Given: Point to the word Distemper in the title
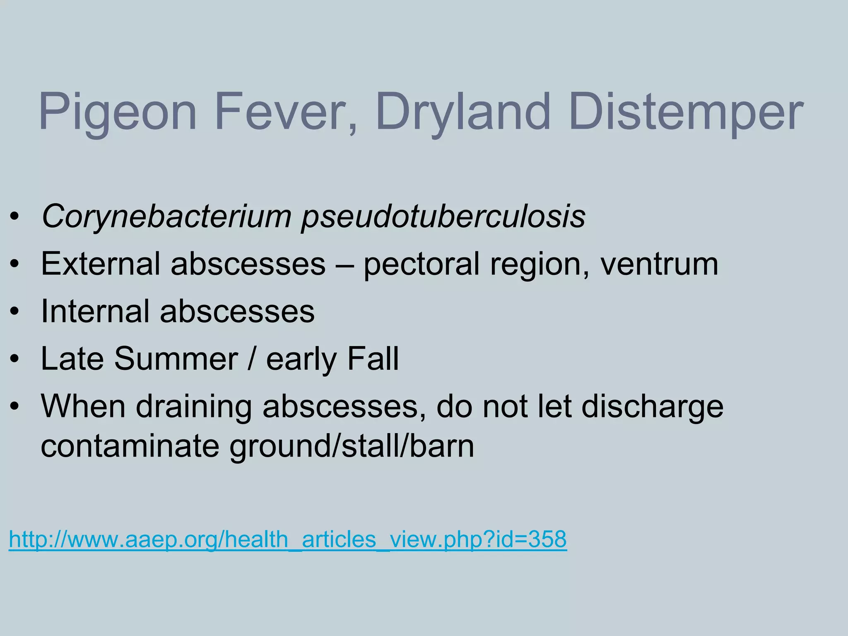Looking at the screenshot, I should point(686,113).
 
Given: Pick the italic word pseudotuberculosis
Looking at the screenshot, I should point(443,217).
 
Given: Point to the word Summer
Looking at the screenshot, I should point(176,359).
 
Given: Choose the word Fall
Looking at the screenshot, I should point(373,359).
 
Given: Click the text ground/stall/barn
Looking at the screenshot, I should point(352,447).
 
